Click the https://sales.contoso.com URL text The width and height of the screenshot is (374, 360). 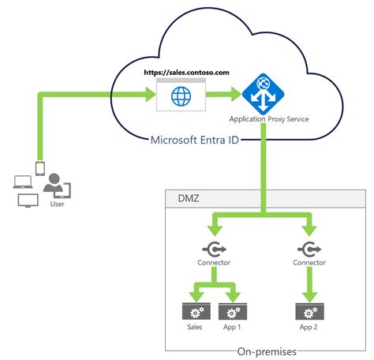(x=186, y=72)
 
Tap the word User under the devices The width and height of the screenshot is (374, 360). (x=56, y=204)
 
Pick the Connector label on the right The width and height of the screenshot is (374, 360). (x=309, y=262)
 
